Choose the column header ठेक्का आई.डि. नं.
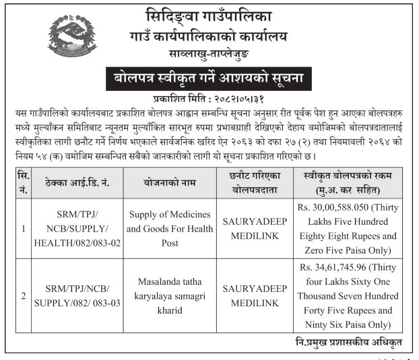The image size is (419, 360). coord(77,182)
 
